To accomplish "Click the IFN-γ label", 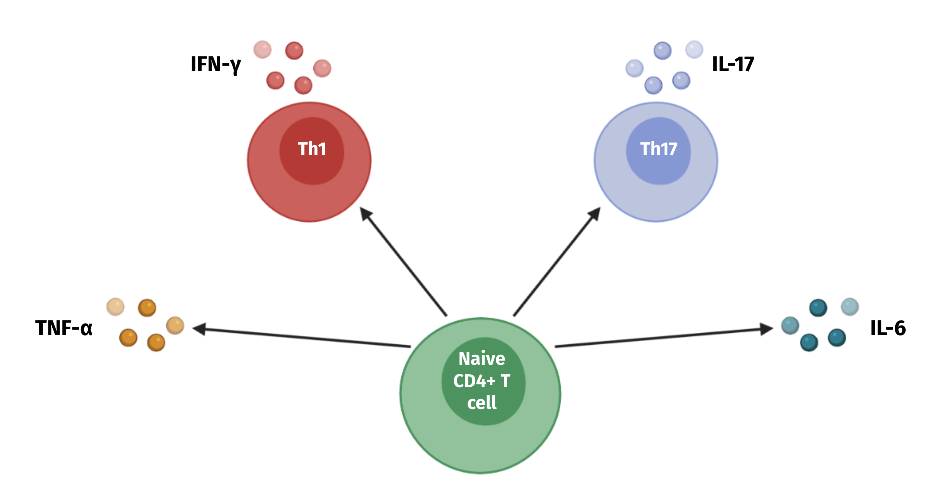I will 216,64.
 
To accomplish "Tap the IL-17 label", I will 733,64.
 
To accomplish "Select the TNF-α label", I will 64,328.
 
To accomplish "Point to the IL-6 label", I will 888,328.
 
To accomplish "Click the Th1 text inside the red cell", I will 312,149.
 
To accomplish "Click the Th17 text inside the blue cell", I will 659,149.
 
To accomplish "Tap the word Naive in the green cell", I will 481,359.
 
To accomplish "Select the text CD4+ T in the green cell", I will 481,381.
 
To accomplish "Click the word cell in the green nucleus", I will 481,403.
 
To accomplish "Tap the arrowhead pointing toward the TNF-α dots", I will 199,329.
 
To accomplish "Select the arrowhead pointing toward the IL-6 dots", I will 767,329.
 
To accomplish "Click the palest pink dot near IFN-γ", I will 262,50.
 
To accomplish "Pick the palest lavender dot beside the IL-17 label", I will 694,50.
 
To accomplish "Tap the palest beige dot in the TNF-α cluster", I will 115,307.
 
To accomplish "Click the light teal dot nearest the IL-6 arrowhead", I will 790,325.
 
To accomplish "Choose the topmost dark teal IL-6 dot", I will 818,308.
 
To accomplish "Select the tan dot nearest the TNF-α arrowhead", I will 175,325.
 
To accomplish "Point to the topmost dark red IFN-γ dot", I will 294,51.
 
